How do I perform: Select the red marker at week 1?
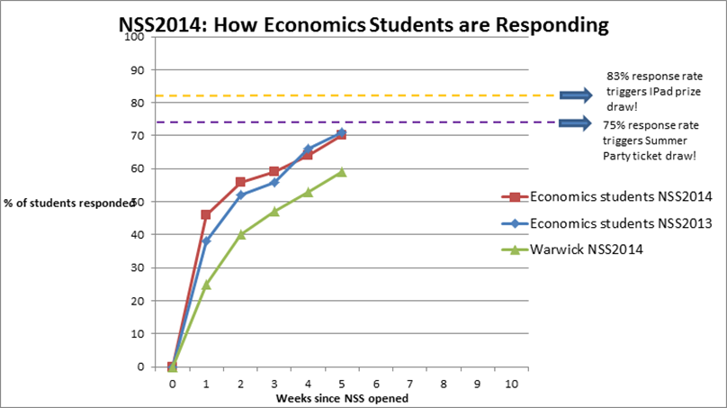pyautogui.click(x=206, y=214)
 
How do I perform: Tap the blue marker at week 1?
pyautogui.click(x=206, y=241)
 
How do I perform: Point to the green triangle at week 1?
pyautogui.click(x=206, y=285)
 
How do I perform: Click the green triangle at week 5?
pyautogui.click(x=342, y=171)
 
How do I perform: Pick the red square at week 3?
pyautogui.click(x=274, y=171)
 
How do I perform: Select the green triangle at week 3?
pyautogui.click(x=274, y=212)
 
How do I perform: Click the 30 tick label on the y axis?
pyautogui.click(x=138, y=267)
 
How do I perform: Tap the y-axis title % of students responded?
pyautogui.click(x=68, y=203)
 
